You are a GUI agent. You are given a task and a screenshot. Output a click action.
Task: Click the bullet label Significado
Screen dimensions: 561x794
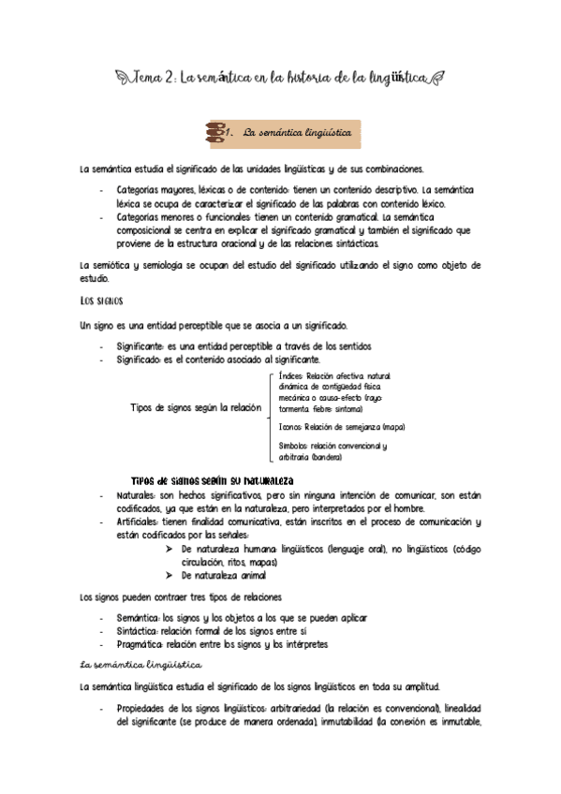(139, 360)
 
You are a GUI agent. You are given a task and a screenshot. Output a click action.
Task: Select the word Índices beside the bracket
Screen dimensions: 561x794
(290, 375)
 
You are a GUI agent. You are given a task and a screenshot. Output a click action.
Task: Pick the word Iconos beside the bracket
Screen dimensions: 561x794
(289, 426)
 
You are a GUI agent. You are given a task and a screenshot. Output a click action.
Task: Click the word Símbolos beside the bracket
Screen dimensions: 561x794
(293, 446)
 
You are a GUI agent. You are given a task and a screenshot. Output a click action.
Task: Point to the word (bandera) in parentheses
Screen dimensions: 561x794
(324, 457)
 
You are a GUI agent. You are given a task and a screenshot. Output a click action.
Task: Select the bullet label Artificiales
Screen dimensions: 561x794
(142, 522)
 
